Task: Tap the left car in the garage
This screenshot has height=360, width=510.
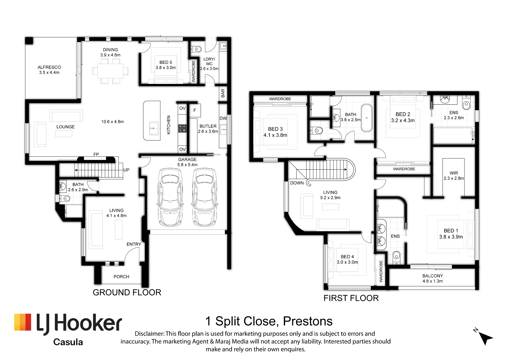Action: pyautogui.click(x=170, y=197)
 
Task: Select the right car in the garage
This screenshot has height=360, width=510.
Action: pyautogui.click(x=205, y=197)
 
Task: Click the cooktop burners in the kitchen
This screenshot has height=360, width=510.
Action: pyautogui.click(x=182, y=128)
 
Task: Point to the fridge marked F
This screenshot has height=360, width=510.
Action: pyautogui.click(x=195, y=110)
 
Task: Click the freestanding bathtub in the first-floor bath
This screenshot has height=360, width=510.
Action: pyautogui.click(x=367, y=118)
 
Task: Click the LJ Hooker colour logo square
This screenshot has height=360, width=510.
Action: pyautogui.click(x=23, y=322)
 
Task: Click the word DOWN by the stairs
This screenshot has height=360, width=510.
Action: pyautogui.click(x=297, y=183)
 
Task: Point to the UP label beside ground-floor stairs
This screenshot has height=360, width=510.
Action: pyautogui.click(x=126, y=170)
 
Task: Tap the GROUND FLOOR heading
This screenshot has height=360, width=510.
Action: pyautogui.click(x=127, y=292)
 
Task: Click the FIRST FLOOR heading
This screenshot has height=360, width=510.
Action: pyautogui.click(x=351, y=298)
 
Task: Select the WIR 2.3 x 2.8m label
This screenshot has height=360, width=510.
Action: pyautogui.click(x=454, y=176)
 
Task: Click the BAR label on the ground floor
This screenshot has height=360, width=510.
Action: pyautogui.click(x=223, y=93)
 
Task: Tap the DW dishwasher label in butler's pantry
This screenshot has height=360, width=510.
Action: pyautogui.click(x=223, y=118)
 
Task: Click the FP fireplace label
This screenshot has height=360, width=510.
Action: pyautogui.click(x=96, y=154)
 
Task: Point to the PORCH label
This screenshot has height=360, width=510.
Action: pyautogui.click(x=121, y=277)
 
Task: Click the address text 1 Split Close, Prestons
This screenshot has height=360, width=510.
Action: pyautogui.click(x=269, y=321)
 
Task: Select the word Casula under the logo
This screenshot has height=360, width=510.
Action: pyautogui.click(x=68, y=342)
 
